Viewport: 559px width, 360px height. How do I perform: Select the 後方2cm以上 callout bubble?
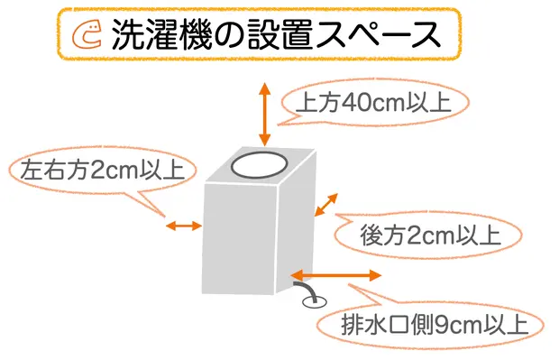417,236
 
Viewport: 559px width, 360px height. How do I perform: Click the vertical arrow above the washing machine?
264,113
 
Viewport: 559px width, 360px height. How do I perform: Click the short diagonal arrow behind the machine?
325,205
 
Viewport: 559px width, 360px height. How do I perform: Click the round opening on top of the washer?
259,164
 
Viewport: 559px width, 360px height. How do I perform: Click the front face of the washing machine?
242,239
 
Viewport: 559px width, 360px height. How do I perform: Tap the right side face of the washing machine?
298,226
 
